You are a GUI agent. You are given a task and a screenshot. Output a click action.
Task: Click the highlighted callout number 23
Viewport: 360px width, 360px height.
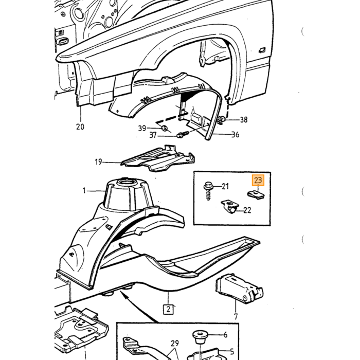coord(258,180)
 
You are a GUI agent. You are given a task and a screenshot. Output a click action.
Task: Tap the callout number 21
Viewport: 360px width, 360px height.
coord(225,186)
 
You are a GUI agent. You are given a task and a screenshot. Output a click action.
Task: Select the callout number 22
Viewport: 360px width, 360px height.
coord(247,210)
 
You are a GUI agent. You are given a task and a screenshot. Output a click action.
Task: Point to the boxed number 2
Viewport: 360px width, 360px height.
coord(168,309)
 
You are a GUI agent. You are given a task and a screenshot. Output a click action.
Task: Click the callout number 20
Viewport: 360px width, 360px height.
coord(80,127)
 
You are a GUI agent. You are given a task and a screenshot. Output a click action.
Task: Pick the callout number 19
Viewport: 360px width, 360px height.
coord(98,162)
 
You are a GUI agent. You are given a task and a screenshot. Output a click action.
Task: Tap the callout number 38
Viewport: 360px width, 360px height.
coord(244,120)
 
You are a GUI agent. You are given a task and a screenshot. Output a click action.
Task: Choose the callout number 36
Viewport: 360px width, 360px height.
coord(235,134)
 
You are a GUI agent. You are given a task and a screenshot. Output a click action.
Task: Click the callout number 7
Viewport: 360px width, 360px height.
coord(236,316)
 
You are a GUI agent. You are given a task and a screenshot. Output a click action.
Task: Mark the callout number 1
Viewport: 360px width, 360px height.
coord(84,190)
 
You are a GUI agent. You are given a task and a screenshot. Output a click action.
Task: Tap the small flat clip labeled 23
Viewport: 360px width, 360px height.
coord(256,195)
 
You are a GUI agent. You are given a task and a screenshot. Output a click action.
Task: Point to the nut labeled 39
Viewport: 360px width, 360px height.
coord(164,129)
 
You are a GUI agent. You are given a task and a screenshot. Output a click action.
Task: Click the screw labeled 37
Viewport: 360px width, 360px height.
coord(183,134)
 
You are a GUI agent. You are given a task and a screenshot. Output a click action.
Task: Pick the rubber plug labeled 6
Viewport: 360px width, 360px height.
coord(200,337)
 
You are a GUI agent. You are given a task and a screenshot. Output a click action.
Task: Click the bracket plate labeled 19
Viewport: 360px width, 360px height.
coord(158,159)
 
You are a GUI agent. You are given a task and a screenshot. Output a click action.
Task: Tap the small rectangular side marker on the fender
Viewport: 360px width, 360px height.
coord(262,50)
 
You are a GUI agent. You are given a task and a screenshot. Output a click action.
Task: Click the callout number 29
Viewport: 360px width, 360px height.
coord(174,343)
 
